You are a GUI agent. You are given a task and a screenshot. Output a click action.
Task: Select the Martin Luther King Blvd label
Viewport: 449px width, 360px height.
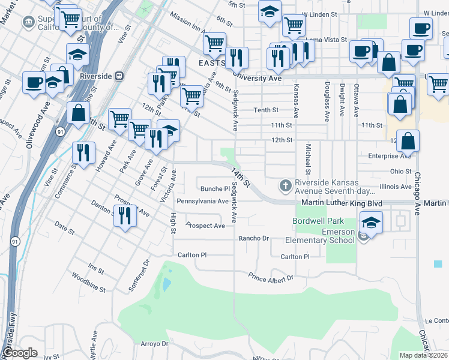coord(342,203)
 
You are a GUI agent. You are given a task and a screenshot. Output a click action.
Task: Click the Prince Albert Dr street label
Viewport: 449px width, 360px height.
coord(271,277)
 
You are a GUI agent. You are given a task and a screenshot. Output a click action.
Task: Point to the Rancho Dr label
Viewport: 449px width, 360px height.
coord(253,238)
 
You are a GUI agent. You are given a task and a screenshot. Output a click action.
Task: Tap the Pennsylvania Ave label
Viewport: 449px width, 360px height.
coord(202,201)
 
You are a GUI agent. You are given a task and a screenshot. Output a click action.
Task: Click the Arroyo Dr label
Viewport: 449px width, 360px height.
coord(154,344)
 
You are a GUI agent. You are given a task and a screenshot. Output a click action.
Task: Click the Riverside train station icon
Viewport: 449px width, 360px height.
coord(120,76)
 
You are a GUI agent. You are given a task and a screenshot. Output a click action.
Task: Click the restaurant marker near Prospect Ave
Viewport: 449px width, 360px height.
coord(125,215)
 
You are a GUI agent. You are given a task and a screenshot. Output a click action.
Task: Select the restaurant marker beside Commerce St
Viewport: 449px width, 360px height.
coord(83,152)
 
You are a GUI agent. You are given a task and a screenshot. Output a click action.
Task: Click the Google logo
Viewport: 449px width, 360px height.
coord(20,353)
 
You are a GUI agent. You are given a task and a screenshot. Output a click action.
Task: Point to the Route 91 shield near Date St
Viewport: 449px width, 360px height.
coord(14,241)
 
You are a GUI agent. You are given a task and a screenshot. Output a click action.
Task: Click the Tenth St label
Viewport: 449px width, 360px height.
coord(266,110)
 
